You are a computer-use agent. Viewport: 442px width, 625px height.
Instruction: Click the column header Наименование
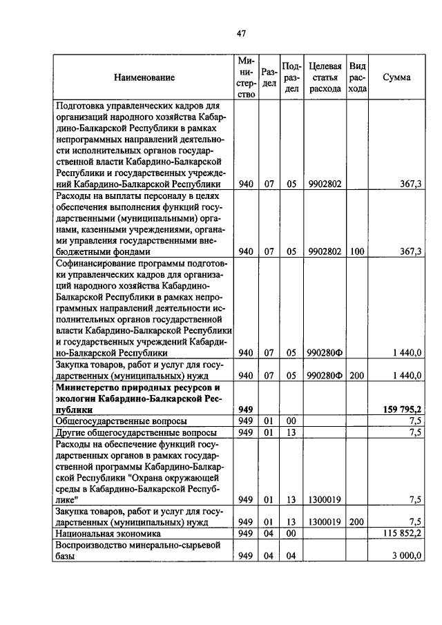145,78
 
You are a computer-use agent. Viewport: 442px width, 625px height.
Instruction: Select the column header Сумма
396,77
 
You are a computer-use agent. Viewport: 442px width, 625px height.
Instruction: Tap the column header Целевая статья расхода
325,77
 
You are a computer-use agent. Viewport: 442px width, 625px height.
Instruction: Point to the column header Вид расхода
357,77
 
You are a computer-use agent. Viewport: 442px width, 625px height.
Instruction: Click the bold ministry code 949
245,410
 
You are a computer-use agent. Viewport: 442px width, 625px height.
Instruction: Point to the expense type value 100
356,252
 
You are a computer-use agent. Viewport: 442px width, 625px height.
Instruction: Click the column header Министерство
245,78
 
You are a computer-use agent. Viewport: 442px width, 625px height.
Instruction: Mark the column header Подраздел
291,77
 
